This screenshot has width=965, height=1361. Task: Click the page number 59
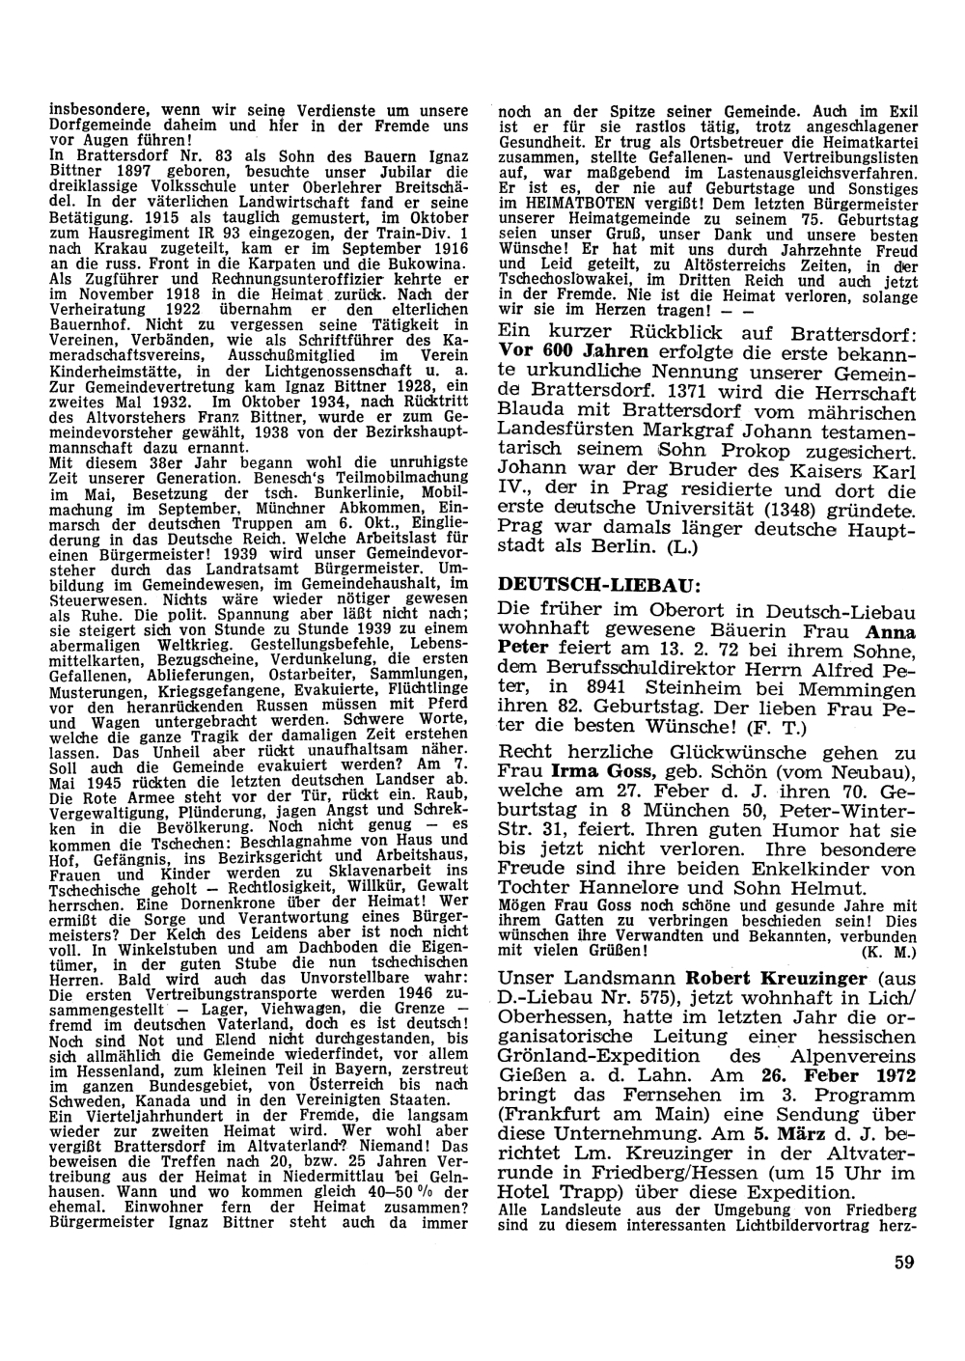[903, 1263]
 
